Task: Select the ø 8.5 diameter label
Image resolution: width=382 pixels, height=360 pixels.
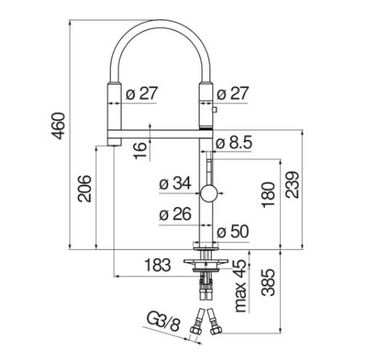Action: coord(236,142)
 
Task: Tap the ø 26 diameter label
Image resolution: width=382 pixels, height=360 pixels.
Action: coord(173,213)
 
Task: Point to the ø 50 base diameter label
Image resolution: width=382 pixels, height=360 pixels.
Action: coord(235,232)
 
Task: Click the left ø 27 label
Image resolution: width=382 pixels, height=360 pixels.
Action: coord(142,92)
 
